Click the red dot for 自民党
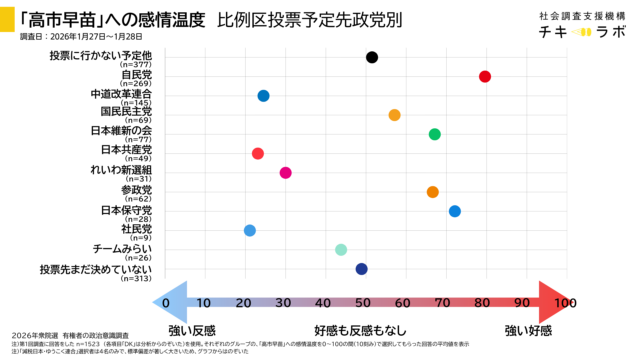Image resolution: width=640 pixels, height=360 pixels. tap(485, 77)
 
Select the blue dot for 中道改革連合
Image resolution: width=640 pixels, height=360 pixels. tap(263, 96)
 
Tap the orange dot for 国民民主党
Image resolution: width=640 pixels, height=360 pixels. tap(394, 115)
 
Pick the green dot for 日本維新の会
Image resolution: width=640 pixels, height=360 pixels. tap(434, 134)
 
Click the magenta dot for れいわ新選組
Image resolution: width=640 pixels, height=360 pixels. tap(285, 173)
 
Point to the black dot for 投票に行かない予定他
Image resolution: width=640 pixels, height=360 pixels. tap(372, 57)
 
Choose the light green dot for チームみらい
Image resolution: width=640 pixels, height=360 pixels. tap(341, 250)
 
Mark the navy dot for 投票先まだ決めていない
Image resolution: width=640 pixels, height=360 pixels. tap(361, 269)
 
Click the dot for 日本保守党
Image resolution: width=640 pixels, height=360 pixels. tap(454, 211)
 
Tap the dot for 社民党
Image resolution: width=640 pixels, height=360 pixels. tap(249, 231)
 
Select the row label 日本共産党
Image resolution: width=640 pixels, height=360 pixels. tap(126, 150)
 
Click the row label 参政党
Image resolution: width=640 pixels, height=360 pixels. tap(136, 189)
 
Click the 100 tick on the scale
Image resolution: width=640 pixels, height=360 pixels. tap(565, 303)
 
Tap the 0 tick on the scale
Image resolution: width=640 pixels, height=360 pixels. tap(166, 303)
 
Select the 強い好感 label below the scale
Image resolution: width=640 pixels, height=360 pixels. tap(527, 330)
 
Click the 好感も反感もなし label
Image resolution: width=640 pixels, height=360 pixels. tap(361, 330)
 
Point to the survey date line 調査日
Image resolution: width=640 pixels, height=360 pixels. tap(81, 36)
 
